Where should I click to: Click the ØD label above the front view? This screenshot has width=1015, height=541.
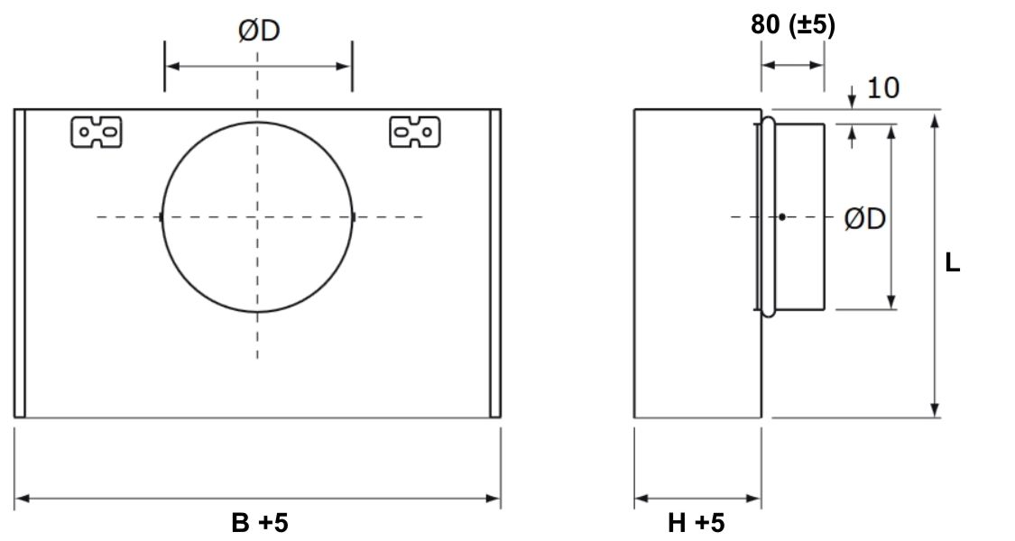[x=258, y=32]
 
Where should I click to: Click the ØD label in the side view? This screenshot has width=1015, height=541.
[x=864, y=219]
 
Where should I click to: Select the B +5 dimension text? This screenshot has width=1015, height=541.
[x=258, y=522]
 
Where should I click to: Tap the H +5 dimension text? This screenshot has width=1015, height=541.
[x=696, y=522]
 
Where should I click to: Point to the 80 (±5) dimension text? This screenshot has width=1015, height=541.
[x=793, y=25]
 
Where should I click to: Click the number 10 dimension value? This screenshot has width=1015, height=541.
[x=882, y=87]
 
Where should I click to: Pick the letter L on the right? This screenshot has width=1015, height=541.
[x=952, y=263]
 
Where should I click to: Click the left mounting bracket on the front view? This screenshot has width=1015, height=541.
[x=97, y=132]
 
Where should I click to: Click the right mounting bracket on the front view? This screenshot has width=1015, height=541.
[x=414, y=132]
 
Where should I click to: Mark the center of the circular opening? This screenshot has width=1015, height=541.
[x=258, y=216]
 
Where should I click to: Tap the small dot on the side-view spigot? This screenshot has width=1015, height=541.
[x=782, y=216]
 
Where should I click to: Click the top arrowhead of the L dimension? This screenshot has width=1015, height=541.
[x=936, y=117]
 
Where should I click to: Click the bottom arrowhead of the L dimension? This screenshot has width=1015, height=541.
[x=936, y=411]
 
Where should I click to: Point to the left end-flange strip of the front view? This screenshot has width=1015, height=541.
[x=19, y=263]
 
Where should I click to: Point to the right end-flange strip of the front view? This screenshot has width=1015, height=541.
[x=495, y=263]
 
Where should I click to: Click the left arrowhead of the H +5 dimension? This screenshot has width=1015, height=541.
[x=641, y=498]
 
